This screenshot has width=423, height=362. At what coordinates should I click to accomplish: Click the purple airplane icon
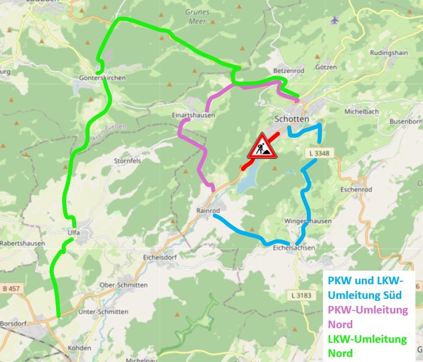[334, 20]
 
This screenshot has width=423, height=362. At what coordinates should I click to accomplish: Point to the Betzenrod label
[288, 71]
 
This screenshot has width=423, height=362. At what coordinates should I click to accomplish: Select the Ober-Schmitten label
[124, 285]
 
